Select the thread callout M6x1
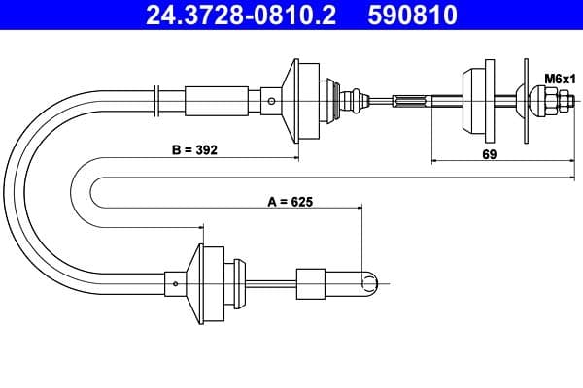click(558, 78)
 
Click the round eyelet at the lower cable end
click(370, 282)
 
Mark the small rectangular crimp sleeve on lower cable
click(309, 282)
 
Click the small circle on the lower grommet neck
click(175, 282)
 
